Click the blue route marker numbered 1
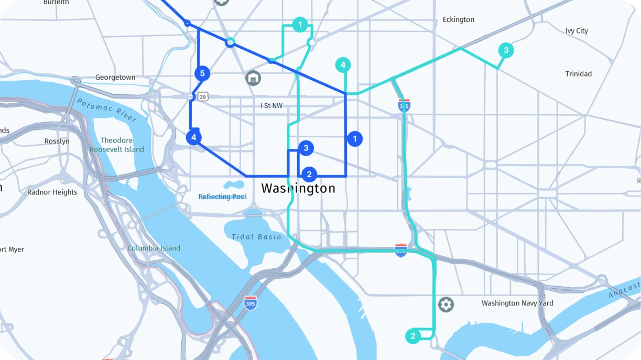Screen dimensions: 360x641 click(x=355, y=139)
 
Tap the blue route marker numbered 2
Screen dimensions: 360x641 click(x=309, y=174)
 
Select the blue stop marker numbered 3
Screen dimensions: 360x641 click(x=306, y=148)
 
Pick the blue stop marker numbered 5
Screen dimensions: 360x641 click(x=202, y=73)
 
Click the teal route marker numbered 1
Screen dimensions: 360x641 click(x=300, y=25)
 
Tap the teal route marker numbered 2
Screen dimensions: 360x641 click(x=413, y=336)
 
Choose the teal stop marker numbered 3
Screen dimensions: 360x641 click(x=506, y=50)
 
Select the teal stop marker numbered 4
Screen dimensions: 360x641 click(x=343, y=65)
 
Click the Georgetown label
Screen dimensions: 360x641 click(x=115, y=78)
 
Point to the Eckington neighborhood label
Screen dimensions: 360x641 click(x=458, y=20)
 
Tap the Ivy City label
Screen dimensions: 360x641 click(x=577, y=31)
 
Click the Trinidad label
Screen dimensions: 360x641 click(x=578, y=74)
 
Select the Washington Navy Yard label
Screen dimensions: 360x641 click(x=517, y=303)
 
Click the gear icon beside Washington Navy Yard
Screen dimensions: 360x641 click(x=446, y=304)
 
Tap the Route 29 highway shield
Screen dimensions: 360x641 click(x=203, y=96)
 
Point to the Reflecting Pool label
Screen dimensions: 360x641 click(x=222, y=197)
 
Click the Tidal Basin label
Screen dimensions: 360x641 click(x=256, y=237)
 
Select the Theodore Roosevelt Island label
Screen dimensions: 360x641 click(x=116, y=145)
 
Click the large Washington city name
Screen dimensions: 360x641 click(x=298, y=189)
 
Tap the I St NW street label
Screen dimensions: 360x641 click(x=271, y=106)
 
